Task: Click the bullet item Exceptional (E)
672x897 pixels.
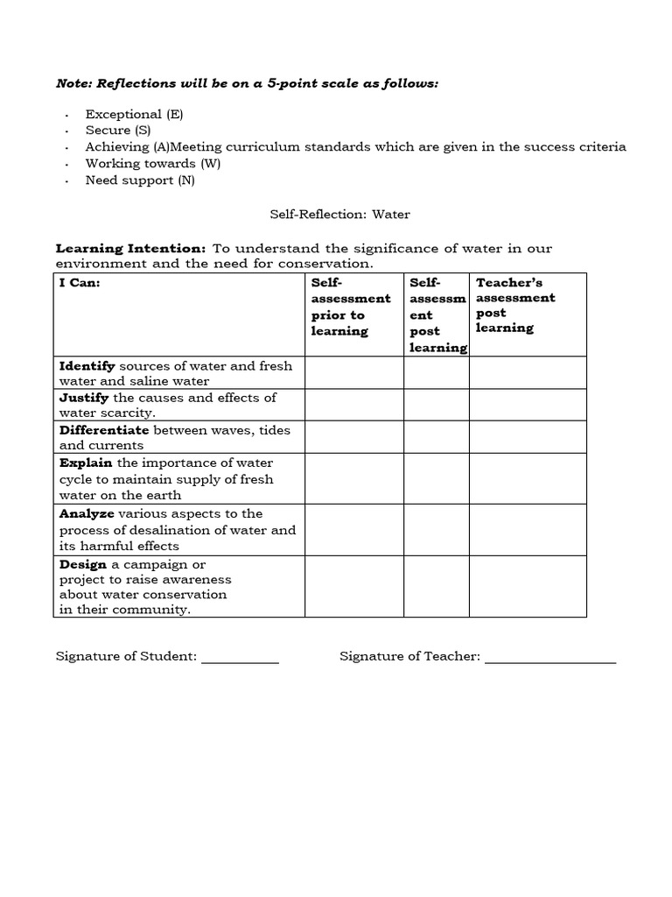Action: [x=134, y=114]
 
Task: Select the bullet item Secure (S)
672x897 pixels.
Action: [x=118, y=131]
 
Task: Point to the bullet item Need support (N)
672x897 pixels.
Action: [x=140, y=180]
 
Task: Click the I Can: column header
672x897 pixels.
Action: [x=80, y=283]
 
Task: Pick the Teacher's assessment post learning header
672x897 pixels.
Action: [x=515, y=305]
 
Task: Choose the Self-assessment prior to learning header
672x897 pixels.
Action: [x=351, y=307]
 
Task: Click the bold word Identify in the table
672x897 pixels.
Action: [x=87, y=365]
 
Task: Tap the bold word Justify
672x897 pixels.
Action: [x=84, y=398]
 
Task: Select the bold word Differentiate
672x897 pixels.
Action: [x=104, y=430]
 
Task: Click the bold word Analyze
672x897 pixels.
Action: [x=87, y=513]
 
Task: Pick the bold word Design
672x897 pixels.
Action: [x=83, y=564]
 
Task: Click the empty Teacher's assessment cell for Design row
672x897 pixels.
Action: [x=528, y=586]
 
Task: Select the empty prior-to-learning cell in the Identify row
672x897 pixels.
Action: [x=353, y=372]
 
